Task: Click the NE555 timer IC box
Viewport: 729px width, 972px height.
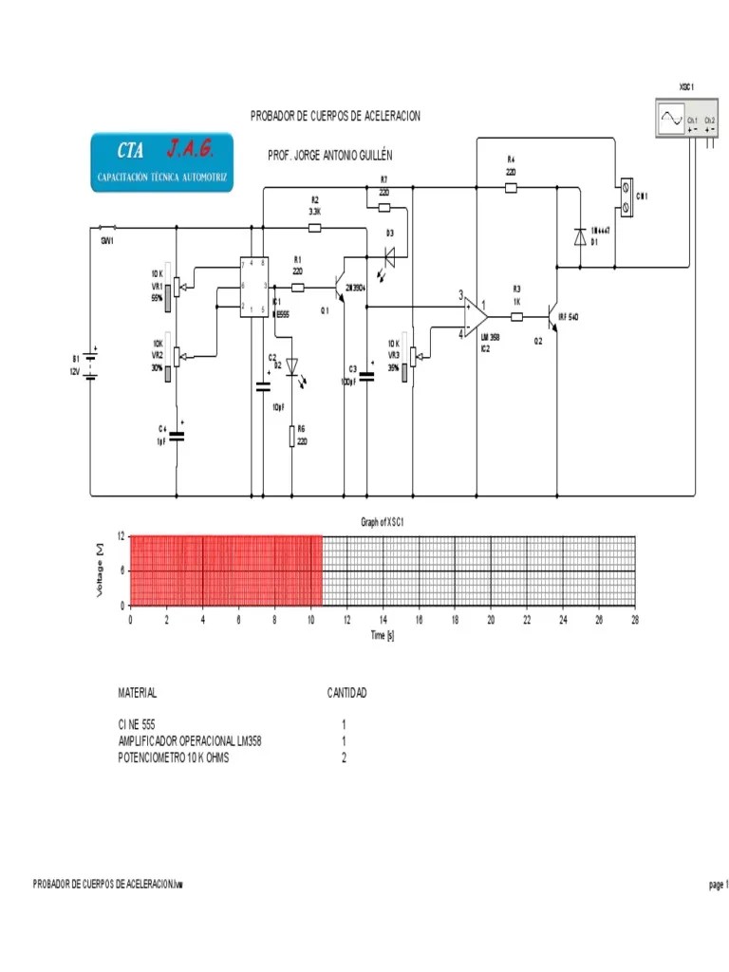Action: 252,287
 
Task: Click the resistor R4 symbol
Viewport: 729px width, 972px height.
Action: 511,188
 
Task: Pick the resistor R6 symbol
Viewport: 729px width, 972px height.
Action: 291,438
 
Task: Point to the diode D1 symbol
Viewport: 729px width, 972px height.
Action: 579,237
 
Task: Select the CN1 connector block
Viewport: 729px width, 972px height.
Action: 626,197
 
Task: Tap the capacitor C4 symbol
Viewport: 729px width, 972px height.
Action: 177,436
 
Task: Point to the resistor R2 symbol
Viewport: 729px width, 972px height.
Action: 315,228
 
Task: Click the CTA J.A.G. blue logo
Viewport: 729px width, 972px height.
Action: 161,162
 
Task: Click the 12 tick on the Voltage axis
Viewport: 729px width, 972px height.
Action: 121,536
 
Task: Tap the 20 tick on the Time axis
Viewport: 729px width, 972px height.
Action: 491,619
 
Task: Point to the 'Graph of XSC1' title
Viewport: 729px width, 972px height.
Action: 383,522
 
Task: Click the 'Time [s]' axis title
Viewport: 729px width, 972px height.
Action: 383,635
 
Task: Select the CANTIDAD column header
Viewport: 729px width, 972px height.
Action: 346,694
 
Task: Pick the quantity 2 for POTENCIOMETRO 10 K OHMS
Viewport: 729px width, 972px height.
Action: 344,758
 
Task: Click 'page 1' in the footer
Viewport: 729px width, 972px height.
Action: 717,885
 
